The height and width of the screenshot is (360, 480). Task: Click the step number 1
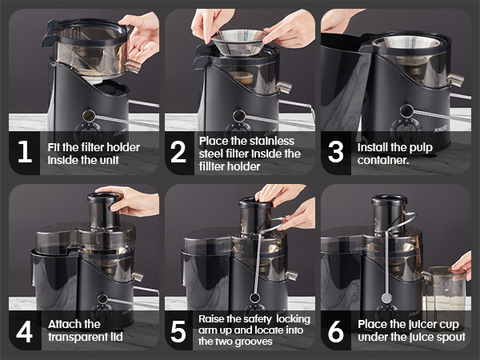coord(25,152)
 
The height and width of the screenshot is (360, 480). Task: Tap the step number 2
coord(178,152)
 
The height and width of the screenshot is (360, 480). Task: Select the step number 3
coord(335,152)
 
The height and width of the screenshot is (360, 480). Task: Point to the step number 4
coord(25,331)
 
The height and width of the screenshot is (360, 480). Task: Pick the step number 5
coord(178,331)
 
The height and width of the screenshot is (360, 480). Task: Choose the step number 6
coord(336,331)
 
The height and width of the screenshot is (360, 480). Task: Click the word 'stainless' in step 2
coord(270,141)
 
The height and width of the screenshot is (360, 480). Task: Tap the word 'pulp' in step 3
coord(420,148)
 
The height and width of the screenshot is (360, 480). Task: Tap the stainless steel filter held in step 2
coord(238,42)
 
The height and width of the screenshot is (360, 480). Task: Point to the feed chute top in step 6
coord(389,200)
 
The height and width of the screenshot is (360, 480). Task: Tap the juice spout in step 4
coord(138,276)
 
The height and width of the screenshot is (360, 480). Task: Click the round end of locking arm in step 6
coord(386,298)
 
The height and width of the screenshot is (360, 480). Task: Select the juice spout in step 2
coord(285,86)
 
